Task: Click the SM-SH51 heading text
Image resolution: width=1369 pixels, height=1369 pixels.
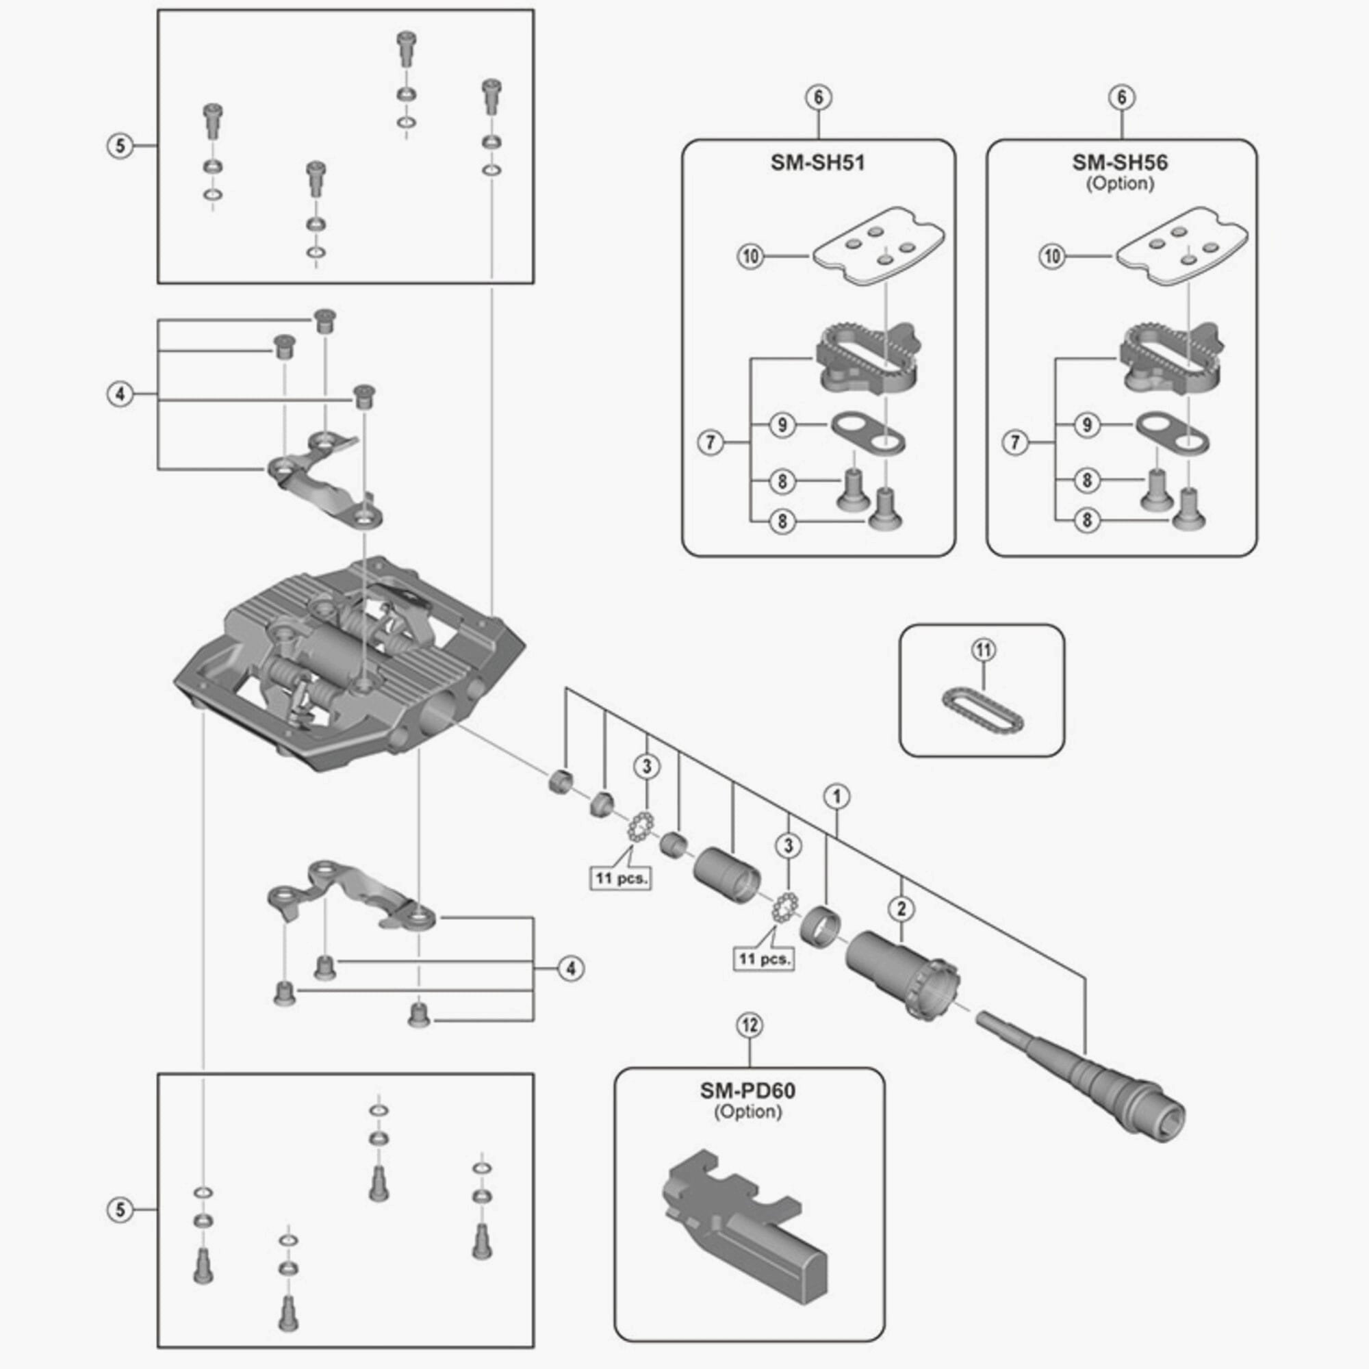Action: [x=818, y=163]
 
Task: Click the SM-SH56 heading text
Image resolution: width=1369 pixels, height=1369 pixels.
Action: [x=1120, y=162]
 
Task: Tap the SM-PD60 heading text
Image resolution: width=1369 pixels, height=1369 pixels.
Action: [x=747, y=1090]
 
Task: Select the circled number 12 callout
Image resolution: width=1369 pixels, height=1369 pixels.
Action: [x=750, y=1025]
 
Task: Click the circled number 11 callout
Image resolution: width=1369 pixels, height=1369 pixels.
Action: [x=984, y=650]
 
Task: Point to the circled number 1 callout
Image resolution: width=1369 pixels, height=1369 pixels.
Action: [x=837, y=797]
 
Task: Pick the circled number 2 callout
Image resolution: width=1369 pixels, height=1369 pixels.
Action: [x=901, y=908]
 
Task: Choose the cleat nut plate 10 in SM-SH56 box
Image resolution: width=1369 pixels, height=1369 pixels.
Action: [x=1181, y=245]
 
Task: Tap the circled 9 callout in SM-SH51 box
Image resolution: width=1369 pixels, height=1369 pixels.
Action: [x=782, y=425]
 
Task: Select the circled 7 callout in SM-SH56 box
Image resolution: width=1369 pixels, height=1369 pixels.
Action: [x=1014, y=443]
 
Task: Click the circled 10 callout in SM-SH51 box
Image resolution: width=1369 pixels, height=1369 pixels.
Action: [x=750, y=256]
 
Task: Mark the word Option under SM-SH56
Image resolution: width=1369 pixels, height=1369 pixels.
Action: [x=1120, y=183]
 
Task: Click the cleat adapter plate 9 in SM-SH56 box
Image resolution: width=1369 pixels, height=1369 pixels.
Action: [x=1173, y=434]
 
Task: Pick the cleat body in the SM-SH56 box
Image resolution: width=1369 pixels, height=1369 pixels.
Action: [x=1170, y=359]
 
